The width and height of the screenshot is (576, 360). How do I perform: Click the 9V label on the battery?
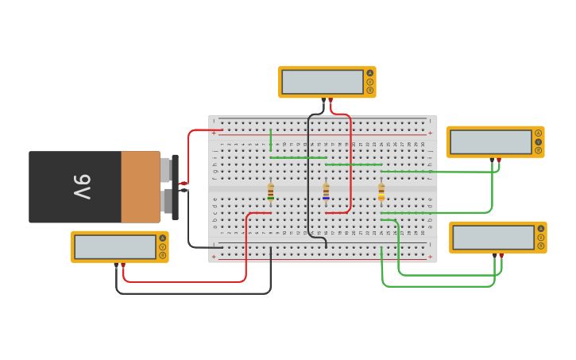tap(82, 187)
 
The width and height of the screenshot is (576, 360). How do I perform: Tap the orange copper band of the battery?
tap(141, 187)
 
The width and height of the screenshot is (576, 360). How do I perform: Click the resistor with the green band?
tap(271, 192)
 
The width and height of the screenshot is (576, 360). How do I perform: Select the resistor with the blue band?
tap(326, 192)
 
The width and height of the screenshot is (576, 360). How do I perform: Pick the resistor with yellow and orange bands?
tap(381, 192)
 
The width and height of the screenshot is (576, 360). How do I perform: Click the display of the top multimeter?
tap(323, 82)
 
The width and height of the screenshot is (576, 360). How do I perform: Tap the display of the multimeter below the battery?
tap(115, 246)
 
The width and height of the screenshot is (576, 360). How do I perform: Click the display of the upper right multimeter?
tap(491, 141)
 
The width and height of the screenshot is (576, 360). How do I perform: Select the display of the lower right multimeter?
tap(493, 237)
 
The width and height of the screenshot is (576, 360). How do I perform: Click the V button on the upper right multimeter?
tap(539, 141)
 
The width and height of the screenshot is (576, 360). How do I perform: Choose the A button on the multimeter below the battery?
tap(163, 238)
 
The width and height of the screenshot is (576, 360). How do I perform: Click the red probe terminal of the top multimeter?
tap(331, 100)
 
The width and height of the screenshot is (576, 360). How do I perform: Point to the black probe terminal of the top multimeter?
tap(323, 100)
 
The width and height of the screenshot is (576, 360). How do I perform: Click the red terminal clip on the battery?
tap(184, 183)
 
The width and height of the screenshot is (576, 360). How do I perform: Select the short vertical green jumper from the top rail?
tap(271, 139)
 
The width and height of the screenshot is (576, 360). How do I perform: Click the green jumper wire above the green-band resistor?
tap(298, 157)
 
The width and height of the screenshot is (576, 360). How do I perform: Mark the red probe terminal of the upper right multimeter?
tap(498, 160)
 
